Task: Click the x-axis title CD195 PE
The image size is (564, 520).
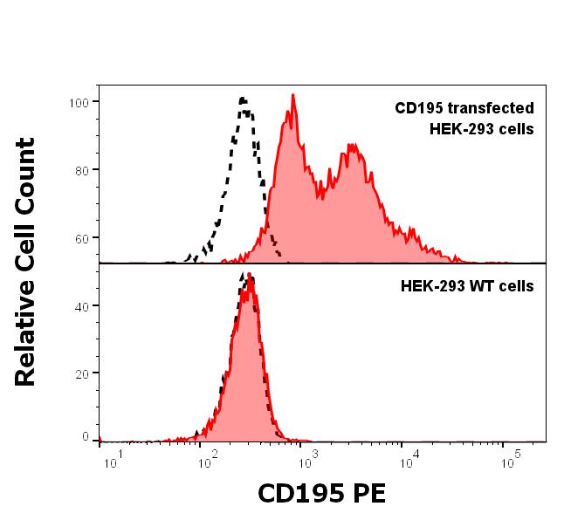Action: tap(320, 494)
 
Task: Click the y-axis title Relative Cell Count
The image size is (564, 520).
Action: tap(26, 262)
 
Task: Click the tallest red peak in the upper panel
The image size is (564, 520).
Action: tap(293, 95)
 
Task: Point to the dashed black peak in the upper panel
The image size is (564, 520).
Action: tap(244, 99)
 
